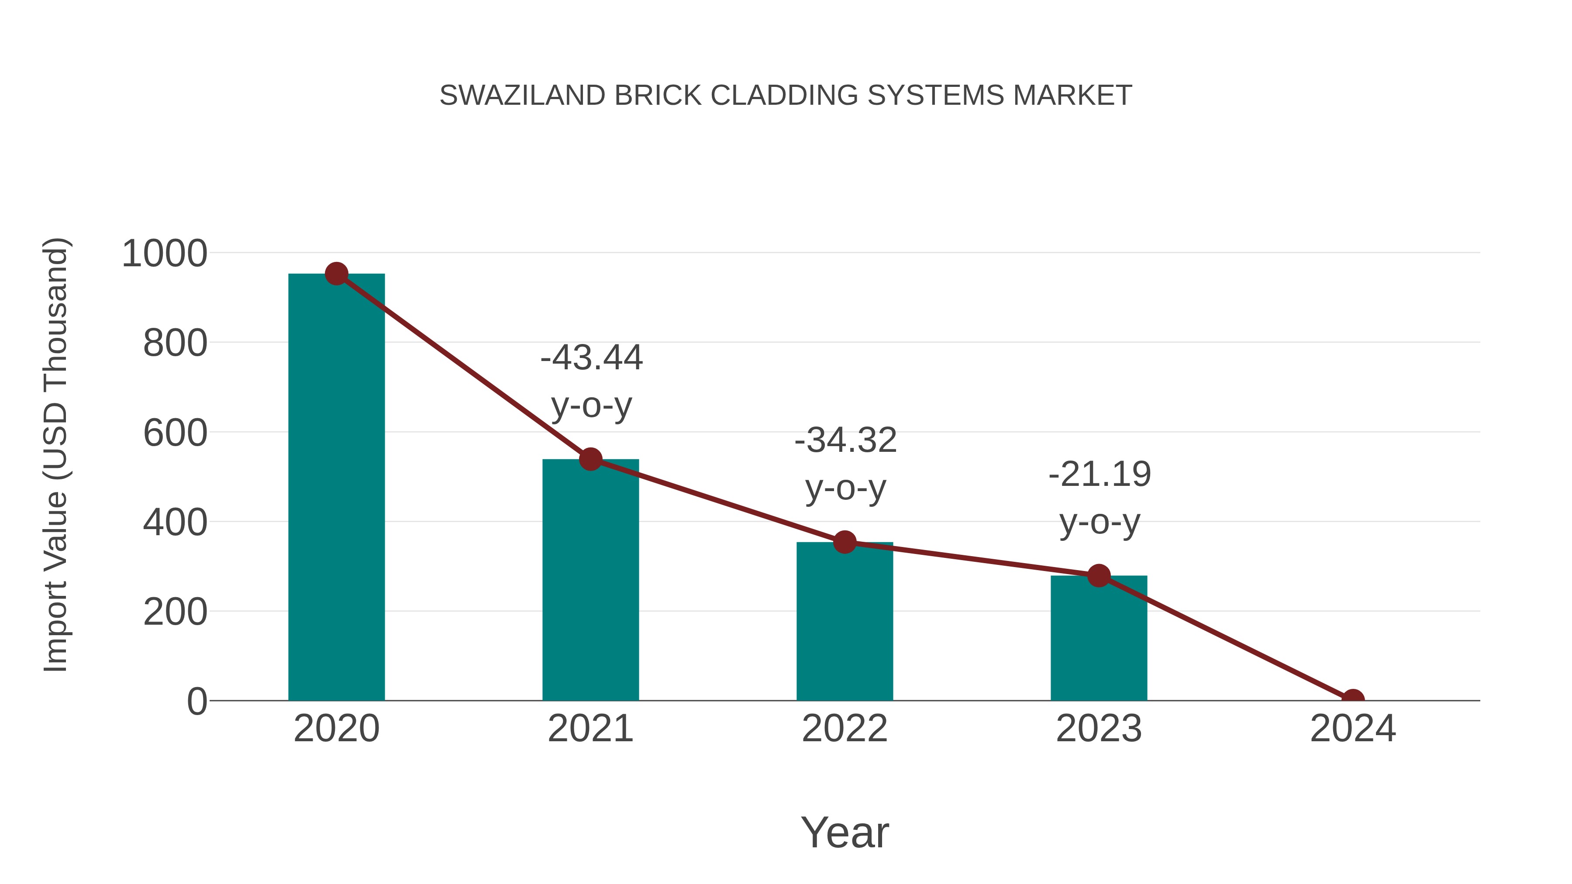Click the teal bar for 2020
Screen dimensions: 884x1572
click(x=336, y=488)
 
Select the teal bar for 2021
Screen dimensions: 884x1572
click(x=590, y=580)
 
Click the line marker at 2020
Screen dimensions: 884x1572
click(x=336, y=274)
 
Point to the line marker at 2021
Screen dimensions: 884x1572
click(x=590, y=459)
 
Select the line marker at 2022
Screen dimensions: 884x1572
click(x=844, y=542)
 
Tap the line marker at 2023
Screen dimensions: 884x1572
click(x=1099, y=575)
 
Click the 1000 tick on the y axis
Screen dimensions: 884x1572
click(x=165, y=254)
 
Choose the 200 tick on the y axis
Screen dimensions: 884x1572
click(x=175, y=612)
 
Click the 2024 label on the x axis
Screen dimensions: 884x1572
click(x=1352, y=729)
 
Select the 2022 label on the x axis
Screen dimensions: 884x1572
click(x=844, y=729)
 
